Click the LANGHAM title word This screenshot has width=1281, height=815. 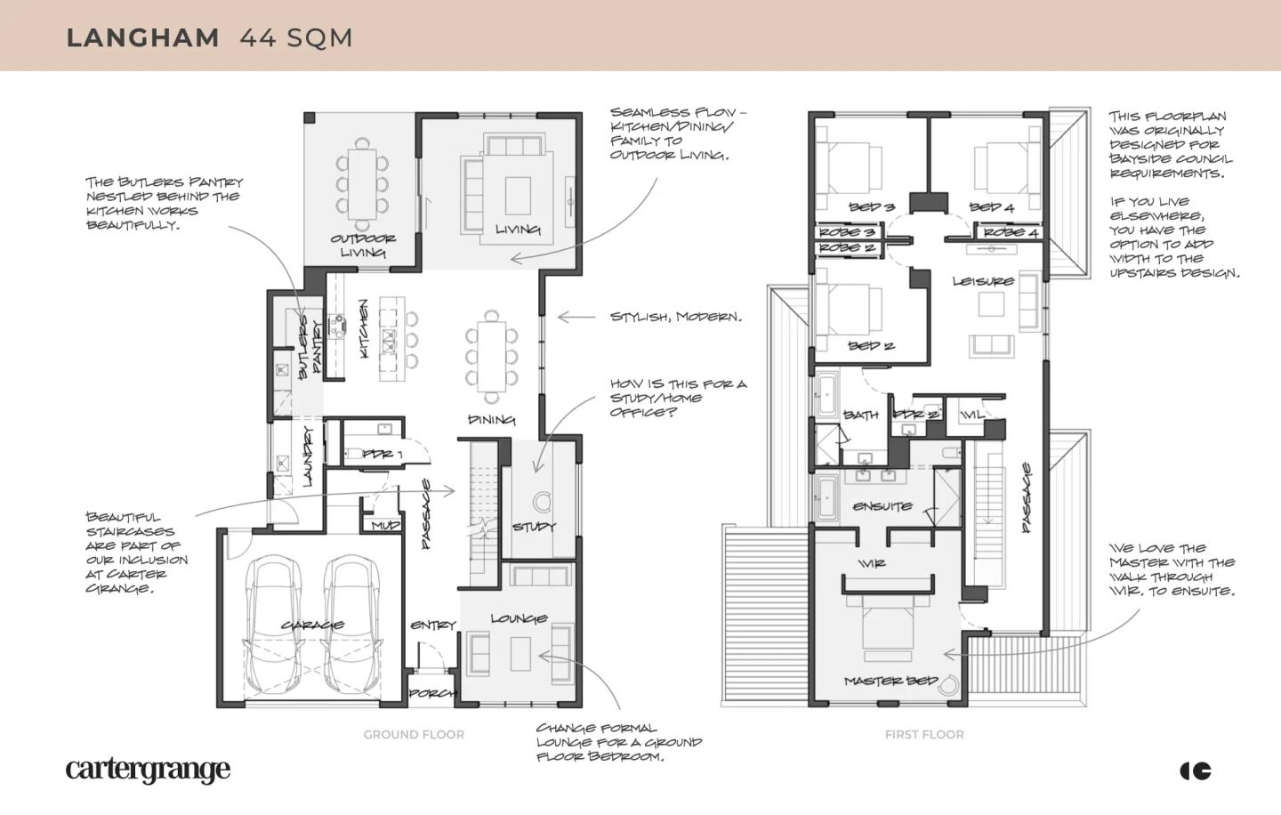(x=143, y=38)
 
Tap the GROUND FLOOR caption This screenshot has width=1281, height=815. (x=414, y=734)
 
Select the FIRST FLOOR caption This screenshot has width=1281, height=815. (x=924, y=734)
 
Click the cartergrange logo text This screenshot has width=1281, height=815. (x=148, y=771)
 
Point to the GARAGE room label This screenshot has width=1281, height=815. (x=312, y=625)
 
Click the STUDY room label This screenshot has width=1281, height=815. (x=534, y=527)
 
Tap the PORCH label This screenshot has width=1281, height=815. (x=432, y=694)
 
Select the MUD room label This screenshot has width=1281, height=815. (x=385, y=526)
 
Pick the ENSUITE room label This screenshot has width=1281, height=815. (x=882, y=507)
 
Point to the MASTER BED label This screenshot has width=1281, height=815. (x=891, y=681)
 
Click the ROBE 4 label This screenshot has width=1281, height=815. (x=1011, y=233)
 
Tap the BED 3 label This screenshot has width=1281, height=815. (x=872, y=207)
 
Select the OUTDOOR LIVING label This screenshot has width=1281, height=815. (x=363, y=246)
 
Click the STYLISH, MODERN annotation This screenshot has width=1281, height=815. (x=676, y=317)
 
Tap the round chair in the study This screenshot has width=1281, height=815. (x=542, y=502)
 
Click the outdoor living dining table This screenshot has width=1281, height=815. (x=362, y=183)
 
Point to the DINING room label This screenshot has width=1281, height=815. (x=491, y=420)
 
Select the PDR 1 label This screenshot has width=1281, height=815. (x=382, y=455)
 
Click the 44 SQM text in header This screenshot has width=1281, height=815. (x=296, y=38)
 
